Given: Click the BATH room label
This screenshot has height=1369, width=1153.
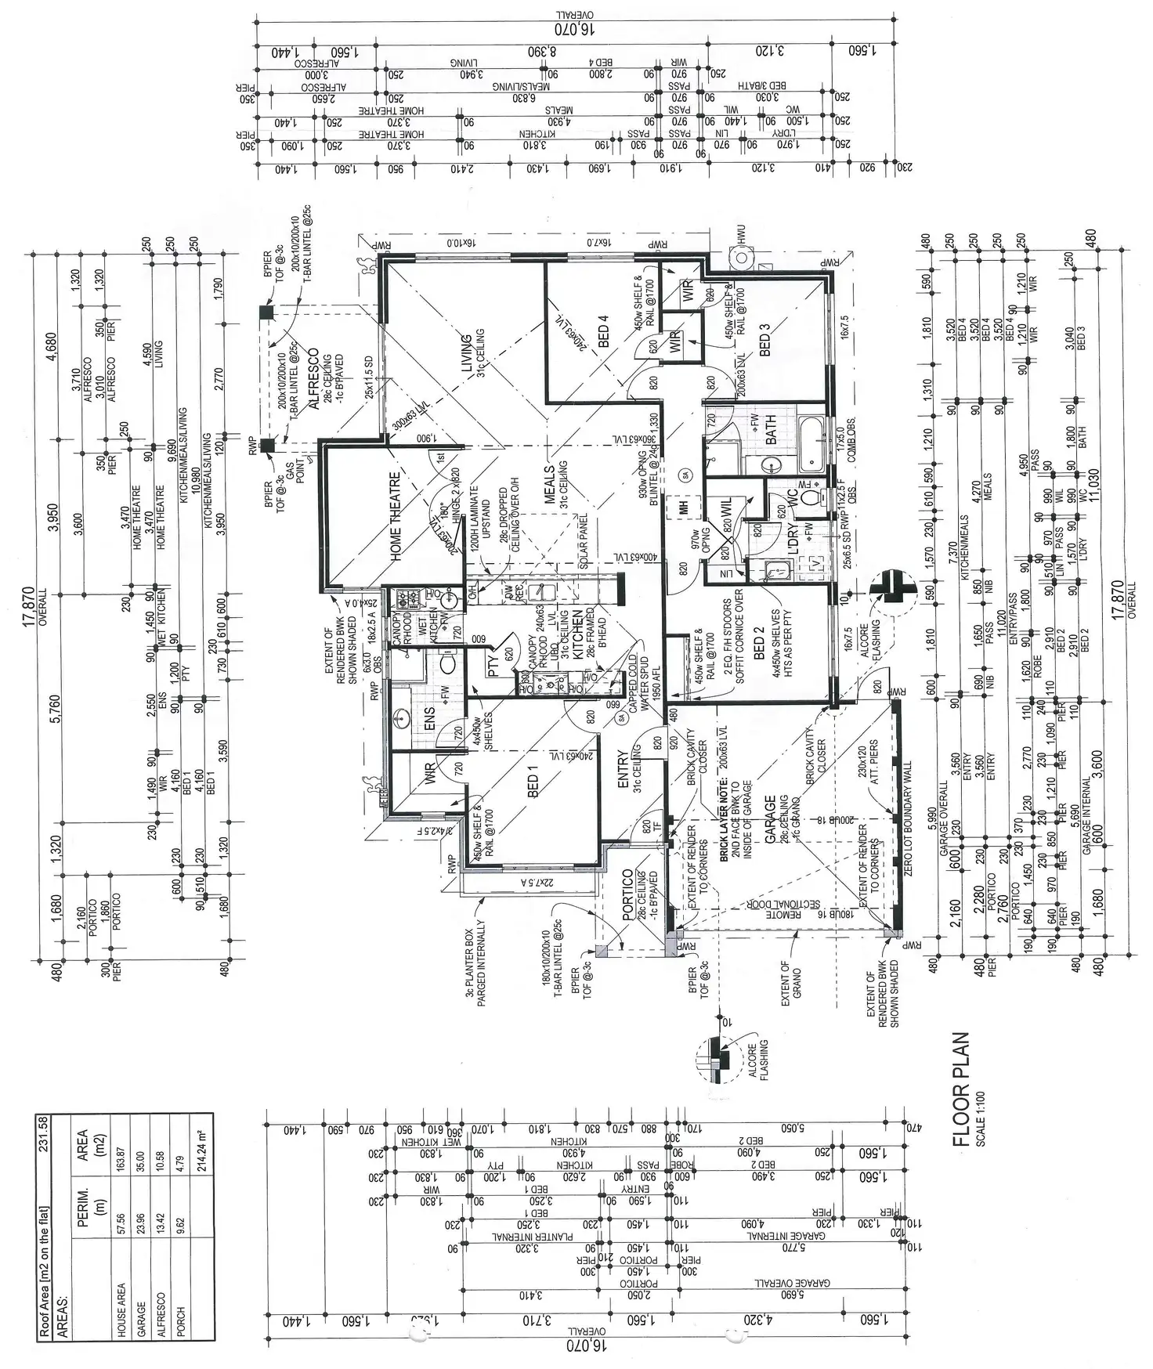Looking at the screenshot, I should click(x=772, y=431).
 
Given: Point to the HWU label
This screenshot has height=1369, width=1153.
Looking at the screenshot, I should click(x=739, y=235).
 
